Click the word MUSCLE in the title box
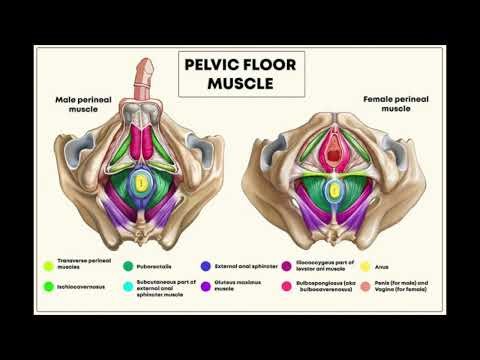[x=240, y=83]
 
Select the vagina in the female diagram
[x=333, y=150]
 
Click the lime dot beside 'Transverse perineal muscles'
[x=48, y=266]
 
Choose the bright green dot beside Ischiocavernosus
[x=48, y=287]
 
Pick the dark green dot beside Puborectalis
[x=127, y=266]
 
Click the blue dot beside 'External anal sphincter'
[x=205, y=266]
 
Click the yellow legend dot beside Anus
[x=366, y=266]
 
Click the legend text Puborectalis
[x=157, y=266]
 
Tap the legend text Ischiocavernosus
[x=82, y=287]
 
